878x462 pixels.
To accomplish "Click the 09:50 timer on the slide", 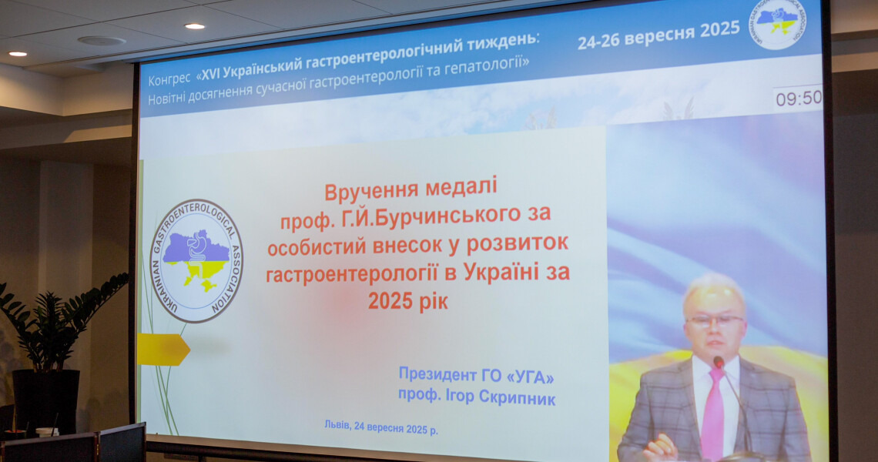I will point(798,99).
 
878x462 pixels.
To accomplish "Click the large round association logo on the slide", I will point(196,261).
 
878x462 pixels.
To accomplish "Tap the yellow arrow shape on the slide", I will point(163,350).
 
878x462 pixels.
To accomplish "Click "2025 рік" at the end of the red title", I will point(407,300).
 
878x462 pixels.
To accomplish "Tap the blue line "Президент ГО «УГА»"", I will point(476,376).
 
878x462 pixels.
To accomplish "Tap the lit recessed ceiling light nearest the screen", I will point(194,26).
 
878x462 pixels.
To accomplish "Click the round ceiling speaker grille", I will point(101,40).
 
